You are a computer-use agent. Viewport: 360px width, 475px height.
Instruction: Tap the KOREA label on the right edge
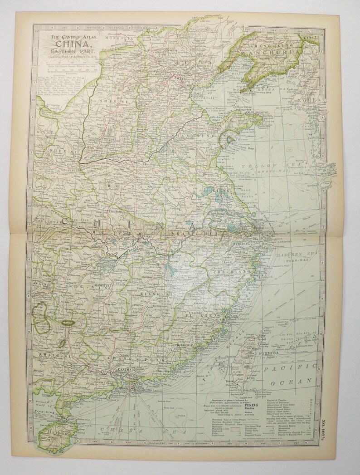[313, 99]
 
